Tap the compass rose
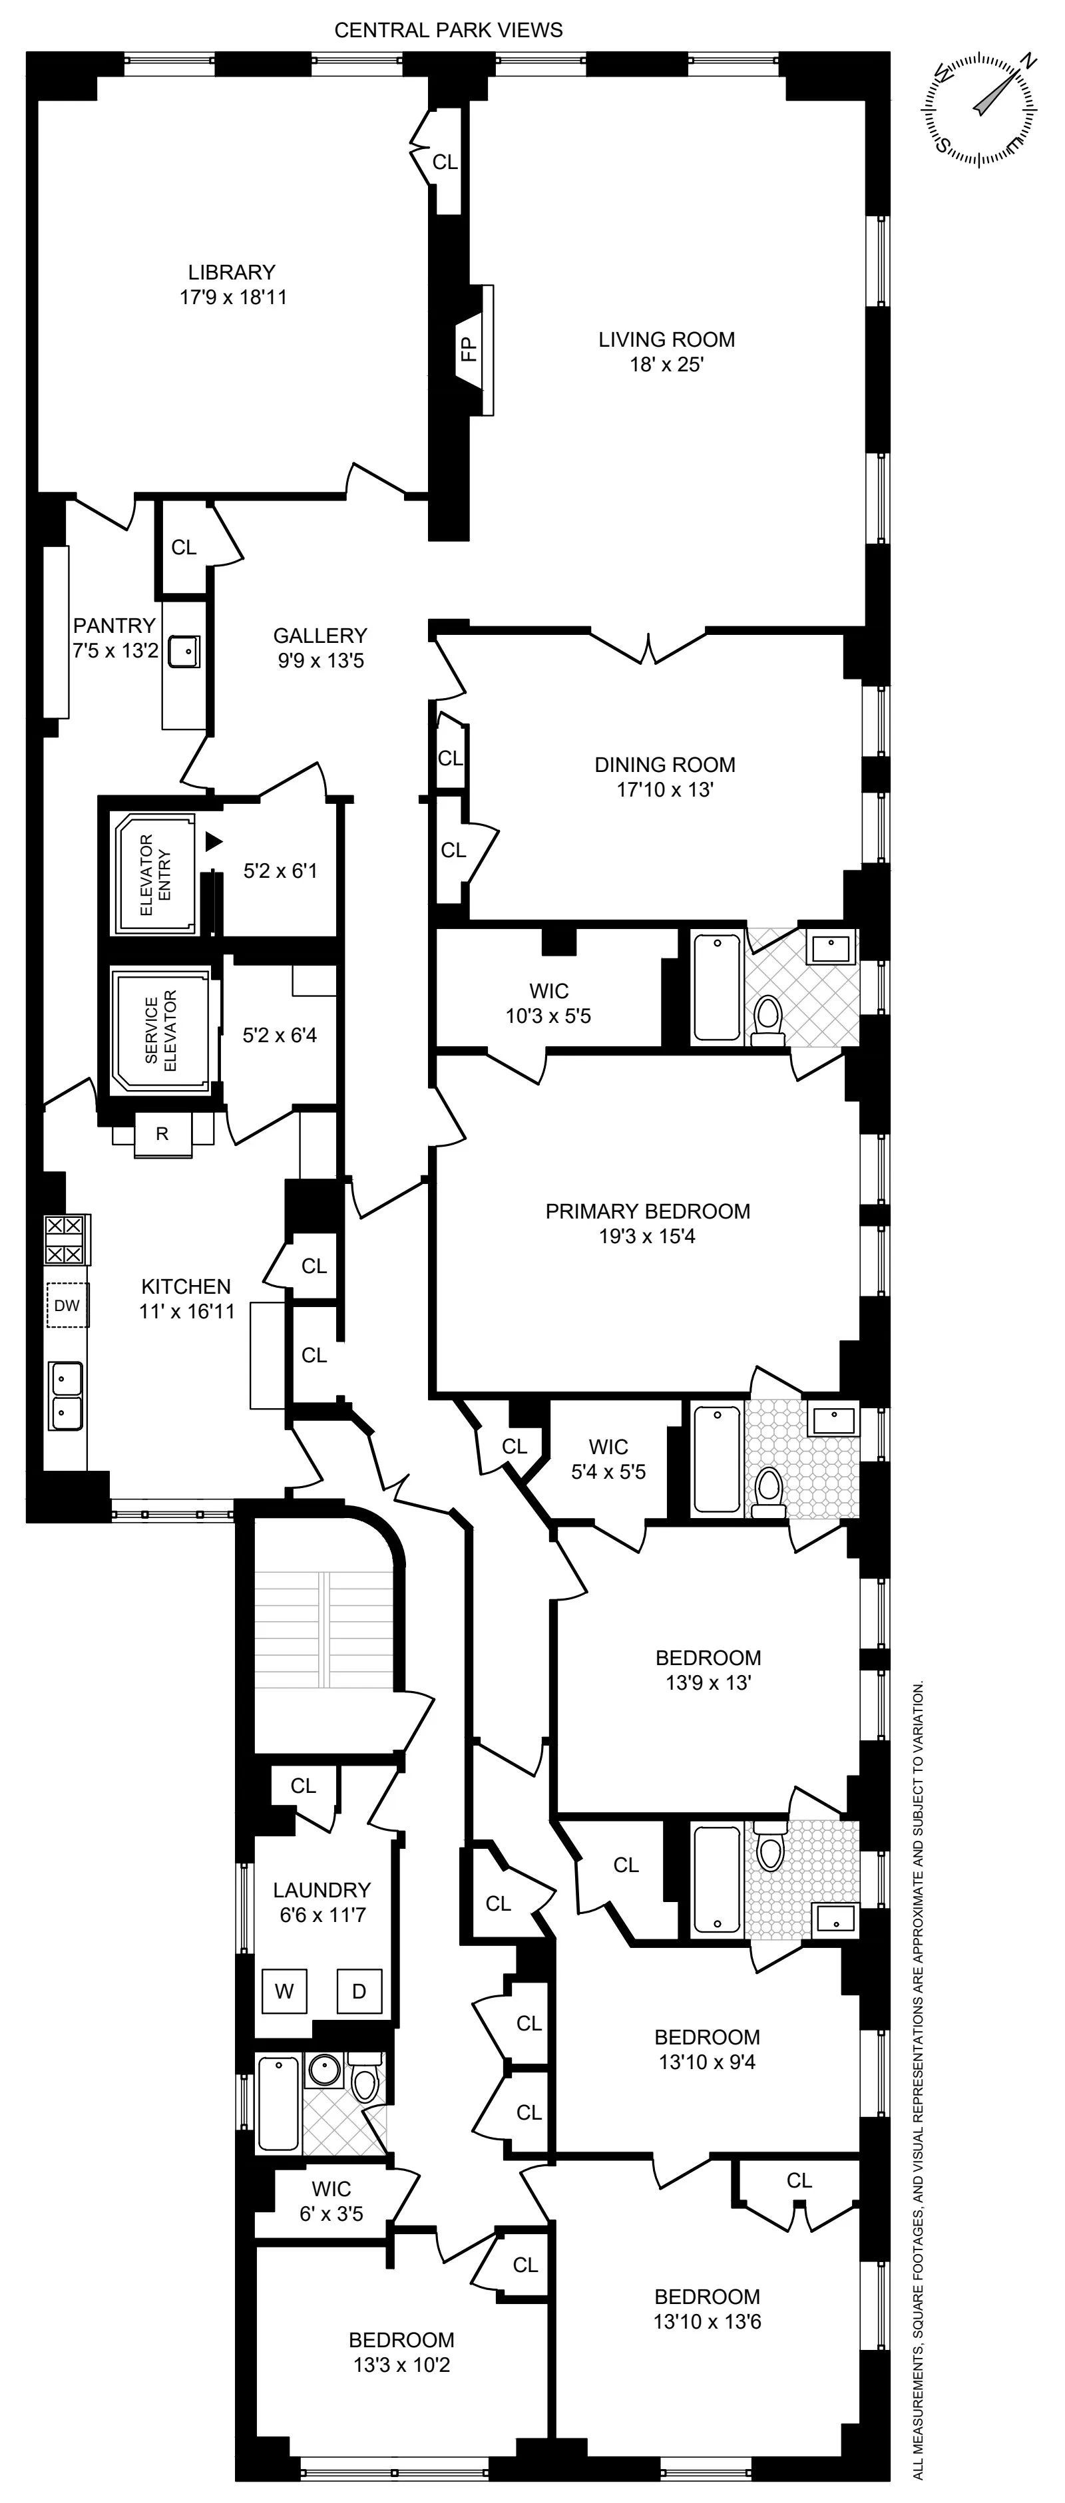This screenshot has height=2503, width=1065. (978, 109)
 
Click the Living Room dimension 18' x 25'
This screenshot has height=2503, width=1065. (666, 365)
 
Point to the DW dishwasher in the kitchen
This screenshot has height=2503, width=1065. (67, 1306)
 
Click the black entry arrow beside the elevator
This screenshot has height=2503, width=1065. (214, 841)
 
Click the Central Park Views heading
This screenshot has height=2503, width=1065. (448, 30)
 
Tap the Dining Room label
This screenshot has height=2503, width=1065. (665, 765)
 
